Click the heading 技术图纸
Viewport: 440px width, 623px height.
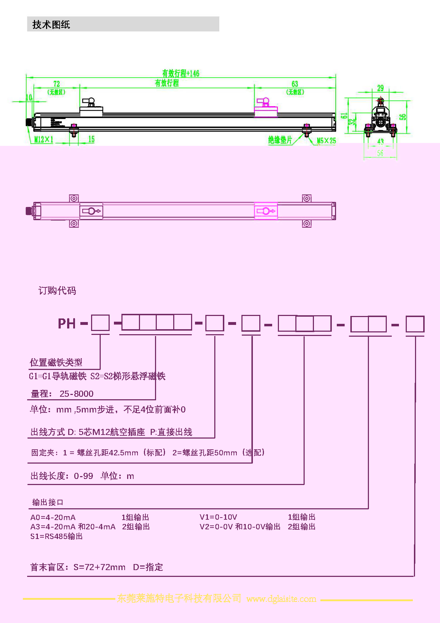[51, 24]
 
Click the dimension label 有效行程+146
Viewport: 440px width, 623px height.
[181, 73]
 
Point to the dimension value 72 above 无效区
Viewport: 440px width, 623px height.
[56, 84]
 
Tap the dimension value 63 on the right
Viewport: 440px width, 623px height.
[295, 84]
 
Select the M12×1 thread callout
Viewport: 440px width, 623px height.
[44, 139]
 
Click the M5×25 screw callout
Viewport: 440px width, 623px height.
[326, 140]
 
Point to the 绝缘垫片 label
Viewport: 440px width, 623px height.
[280, 140]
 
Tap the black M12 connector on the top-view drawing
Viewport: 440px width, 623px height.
[29, 211]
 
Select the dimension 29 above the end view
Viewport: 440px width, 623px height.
[380, 88]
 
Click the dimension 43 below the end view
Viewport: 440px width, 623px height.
[380, 142]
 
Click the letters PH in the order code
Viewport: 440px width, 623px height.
[67, 323]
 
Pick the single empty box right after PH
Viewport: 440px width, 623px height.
[100, 323]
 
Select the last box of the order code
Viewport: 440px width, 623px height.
[415, 324]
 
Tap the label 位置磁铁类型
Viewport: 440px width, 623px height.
[56, 362]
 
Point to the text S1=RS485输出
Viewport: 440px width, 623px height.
[56, 536]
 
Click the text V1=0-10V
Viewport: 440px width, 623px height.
[218, 517]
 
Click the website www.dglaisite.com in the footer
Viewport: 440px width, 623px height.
[281, 599]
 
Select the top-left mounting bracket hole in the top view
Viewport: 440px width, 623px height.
[74, 198]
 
